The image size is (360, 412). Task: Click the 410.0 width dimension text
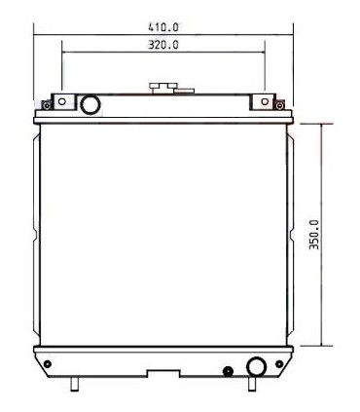162,27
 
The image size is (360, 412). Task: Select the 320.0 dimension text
162,45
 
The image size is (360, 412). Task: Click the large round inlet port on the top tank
89,102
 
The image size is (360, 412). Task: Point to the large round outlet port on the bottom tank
256,366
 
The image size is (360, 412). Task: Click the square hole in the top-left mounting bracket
62,100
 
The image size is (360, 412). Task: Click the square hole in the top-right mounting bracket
263,100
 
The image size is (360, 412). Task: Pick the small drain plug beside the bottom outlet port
228,370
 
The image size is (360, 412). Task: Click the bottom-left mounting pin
74,383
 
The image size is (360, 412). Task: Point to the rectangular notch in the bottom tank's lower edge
162,372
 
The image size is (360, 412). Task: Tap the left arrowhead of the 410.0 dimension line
37,37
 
